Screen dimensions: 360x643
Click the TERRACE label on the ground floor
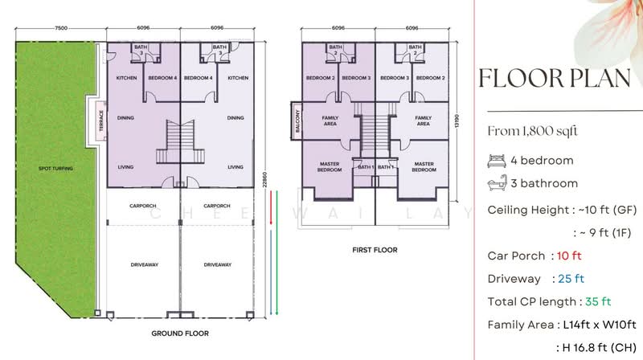click(x=101, y=119)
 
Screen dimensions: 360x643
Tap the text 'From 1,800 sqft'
click(x=534, y=131)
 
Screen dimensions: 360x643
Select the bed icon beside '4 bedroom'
click(x=496, y=160)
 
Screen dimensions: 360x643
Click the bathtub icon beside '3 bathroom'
click(x=496, y=184)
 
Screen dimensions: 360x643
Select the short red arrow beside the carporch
click(x=272, y=208)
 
